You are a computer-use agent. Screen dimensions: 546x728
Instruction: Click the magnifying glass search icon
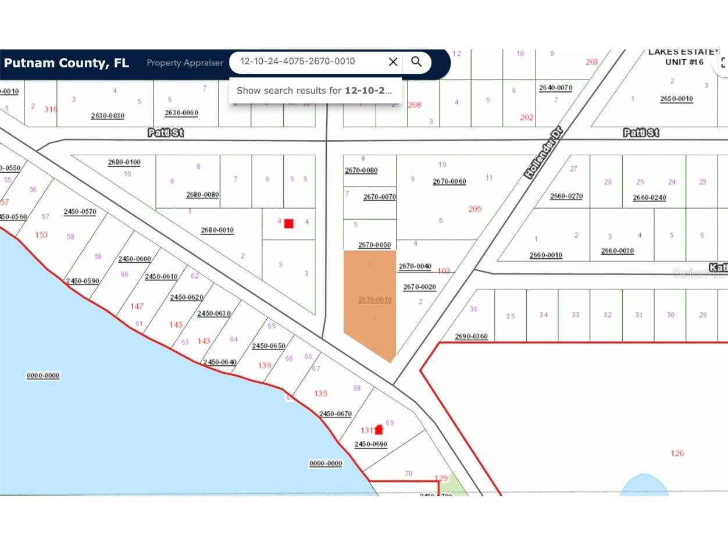pos(416,62)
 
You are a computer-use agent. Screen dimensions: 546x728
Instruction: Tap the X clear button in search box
pos(393,62)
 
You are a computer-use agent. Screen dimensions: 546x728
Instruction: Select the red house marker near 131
pos(379,430)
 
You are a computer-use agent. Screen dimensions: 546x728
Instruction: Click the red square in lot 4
pos(288,223)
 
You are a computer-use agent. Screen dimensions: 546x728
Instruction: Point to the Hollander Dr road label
pos(545,154)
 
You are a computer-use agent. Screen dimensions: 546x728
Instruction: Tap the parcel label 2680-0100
pos(124,162)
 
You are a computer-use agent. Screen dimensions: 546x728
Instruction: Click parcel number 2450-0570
pos(80,212)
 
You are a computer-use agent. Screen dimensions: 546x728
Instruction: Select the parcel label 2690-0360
pos(471,337)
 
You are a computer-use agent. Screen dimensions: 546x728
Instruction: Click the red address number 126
pos(677,453)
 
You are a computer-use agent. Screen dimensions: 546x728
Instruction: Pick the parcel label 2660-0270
pos(566,196)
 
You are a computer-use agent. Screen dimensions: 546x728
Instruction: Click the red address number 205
pos(474,209)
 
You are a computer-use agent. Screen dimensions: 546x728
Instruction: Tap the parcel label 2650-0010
pos(676,99)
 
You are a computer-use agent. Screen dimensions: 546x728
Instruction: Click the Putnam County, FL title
pos(66,63)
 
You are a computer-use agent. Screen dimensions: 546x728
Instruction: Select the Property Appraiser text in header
pos(184,63)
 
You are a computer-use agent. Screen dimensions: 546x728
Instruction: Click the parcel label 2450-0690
pos(370,444)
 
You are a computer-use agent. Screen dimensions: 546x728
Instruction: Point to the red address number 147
pos(137,306)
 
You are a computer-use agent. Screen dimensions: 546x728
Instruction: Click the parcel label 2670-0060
pos(449,181)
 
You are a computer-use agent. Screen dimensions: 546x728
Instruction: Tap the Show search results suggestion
pos(315,91)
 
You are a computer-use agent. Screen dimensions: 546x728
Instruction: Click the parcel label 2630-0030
pos(108,116)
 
